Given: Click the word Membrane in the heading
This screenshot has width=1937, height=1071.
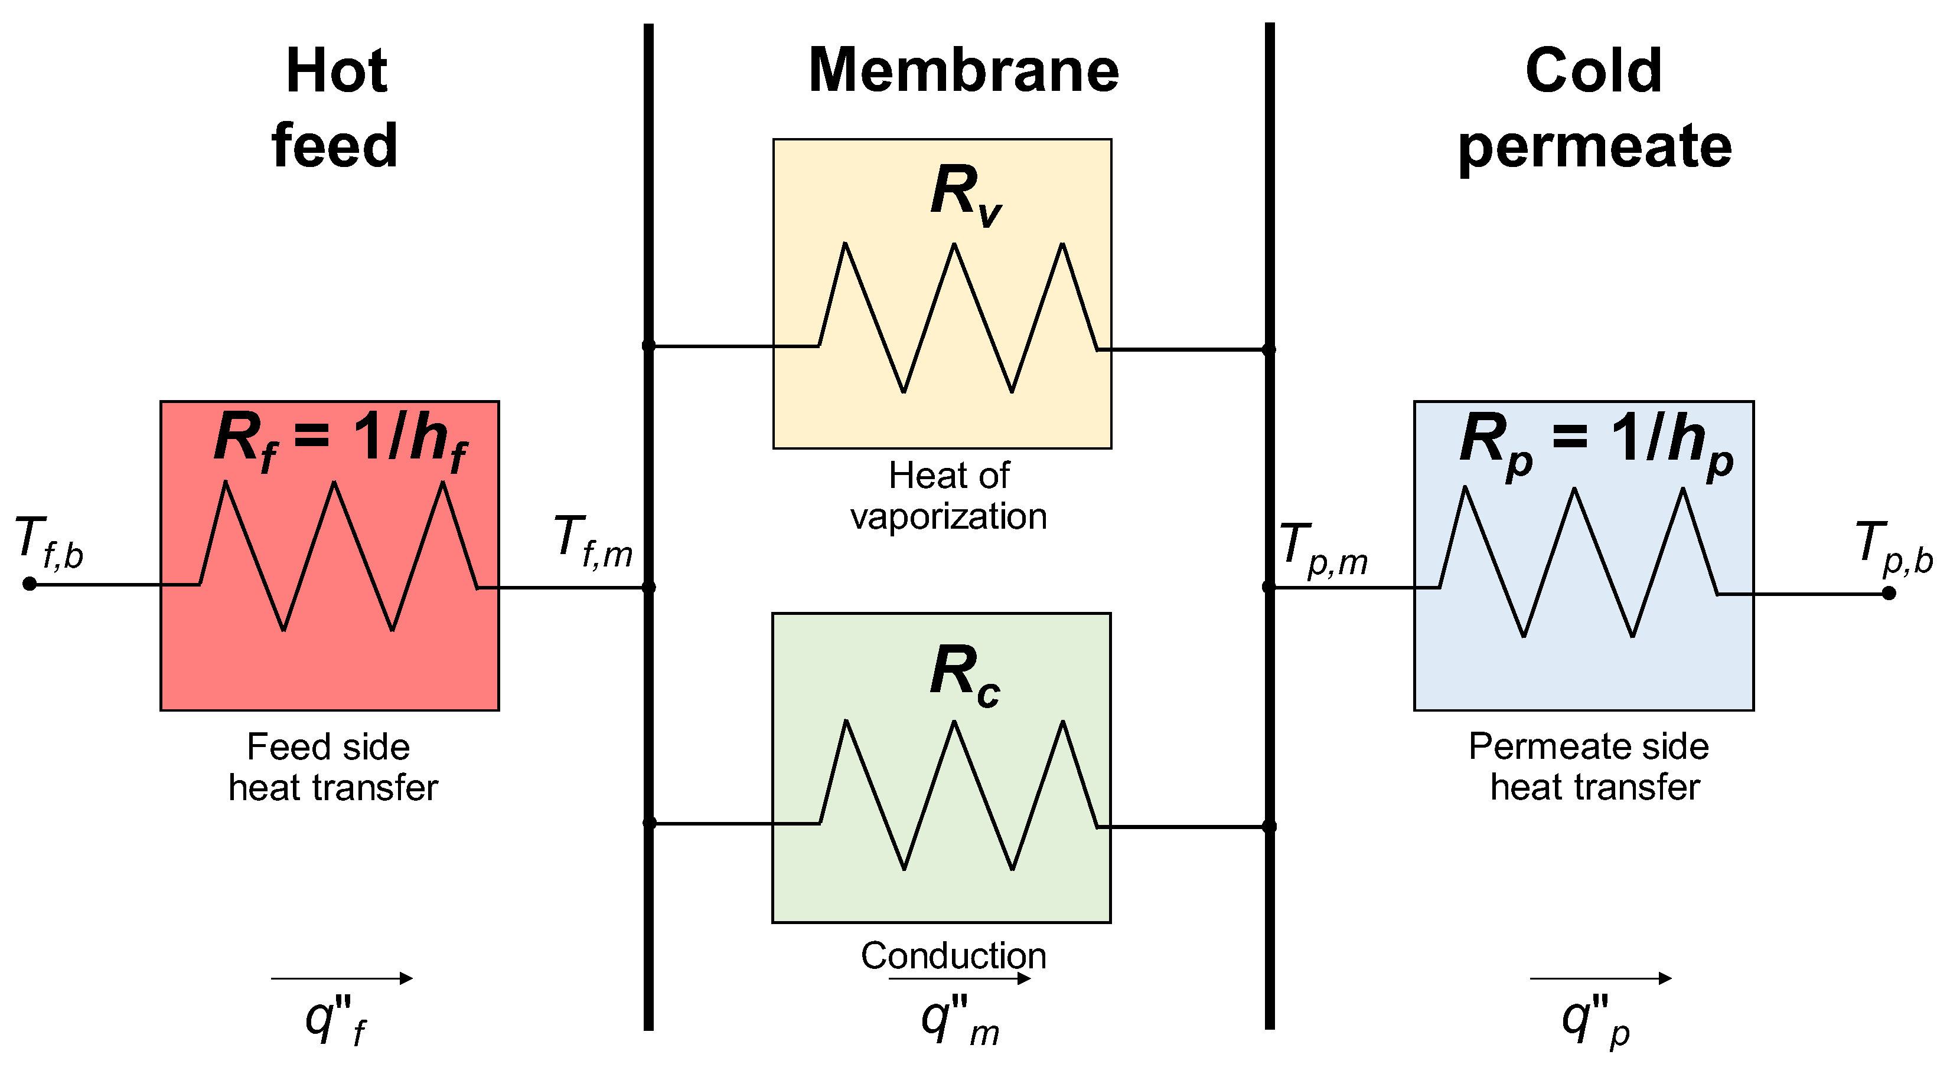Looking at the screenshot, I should (x=963, y=71).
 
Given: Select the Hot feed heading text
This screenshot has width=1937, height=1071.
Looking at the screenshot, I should (x=335, y=107).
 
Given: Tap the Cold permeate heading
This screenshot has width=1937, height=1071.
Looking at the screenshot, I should (x=1594, y=107).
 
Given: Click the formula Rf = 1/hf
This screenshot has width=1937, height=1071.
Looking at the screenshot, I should (x=340, y=441).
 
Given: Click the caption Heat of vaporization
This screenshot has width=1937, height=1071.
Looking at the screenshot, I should (x=949, y=496).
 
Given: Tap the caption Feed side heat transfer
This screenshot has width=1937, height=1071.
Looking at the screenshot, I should (x=332, y=767).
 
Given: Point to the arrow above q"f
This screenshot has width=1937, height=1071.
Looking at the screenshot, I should (x=341, y=978).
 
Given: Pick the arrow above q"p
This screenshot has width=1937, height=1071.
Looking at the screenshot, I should (x=1600, y=978).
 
